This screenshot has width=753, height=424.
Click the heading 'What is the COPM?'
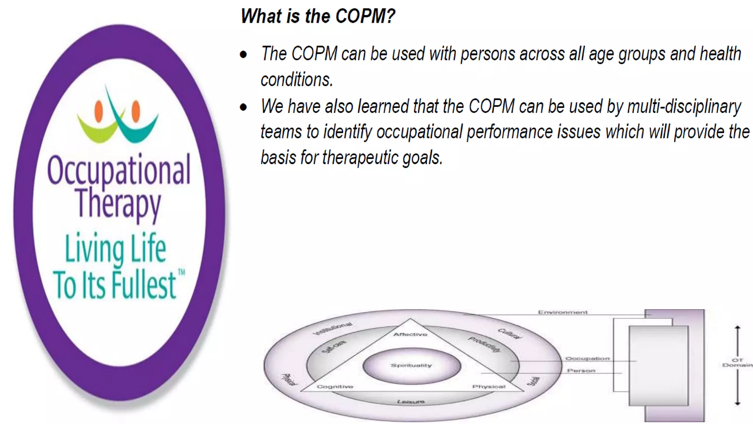pyautogui.click(x=317, y=16)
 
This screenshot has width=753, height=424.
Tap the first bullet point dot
pyautogui.click(x=243, y=55)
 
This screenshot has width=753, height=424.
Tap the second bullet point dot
pyautogui.click(x=243, y=107)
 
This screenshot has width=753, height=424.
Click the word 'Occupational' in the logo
pyautogui.click(x=119, y=170)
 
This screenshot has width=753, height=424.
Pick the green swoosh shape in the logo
pyautogui.click(x=96, y=129)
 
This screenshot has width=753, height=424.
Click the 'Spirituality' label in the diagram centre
pyautogui.click(x=411, y=365)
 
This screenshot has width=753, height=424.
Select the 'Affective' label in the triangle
pyautogui.click(x=410, y=334)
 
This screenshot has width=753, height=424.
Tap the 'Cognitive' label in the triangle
pyautogui.click(x=335, y=386)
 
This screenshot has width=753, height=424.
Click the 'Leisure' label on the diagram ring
pyautogui.click(x=411, y=402)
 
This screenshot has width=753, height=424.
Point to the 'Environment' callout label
pyautogui.click(x=563, y=312)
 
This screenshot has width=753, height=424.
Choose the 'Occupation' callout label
pyautogui.click(x=587, y=358)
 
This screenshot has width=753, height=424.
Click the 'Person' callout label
pyautogui.click(x=581, y=370)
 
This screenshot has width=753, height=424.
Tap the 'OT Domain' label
pyautogui.click(x=737, y=363)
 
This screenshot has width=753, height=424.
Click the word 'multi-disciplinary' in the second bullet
pyautogui.click(x=684, y=107)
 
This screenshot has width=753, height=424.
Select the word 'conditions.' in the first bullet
pyautogui.click(x=297, y=80)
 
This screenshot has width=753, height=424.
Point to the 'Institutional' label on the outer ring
pyautogui.click(x=333, y=328)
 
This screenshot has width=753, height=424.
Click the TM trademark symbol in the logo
pyautogui.click(x=182, y=273)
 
